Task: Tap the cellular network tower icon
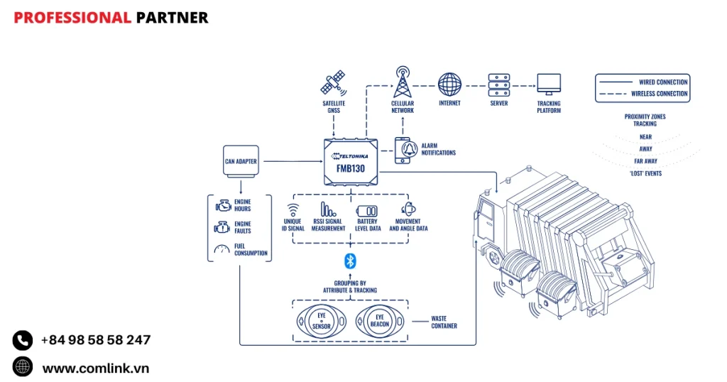pyautogui.click(x=403, y=83)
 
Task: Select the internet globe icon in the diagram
pyautogui.click(x=449, y=84)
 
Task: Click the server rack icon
pyautogui.click(x=498, y=84)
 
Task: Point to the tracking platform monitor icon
pyautogui.click(x=548, y=84)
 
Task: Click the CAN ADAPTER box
pyautogui.click(x=241, y=161)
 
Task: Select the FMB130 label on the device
pyautogui.click(x=351, y=170)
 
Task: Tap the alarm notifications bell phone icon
pyautogui.click(x=404, y=150)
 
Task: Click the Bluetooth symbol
pyautogui.click(x=349, y=261)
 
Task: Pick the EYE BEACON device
pyautogui.click(x=379, y=322)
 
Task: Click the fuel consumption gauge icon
pyautogui.click(x=222, y=249)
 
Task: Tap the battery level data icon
pyautogui.click(x=367, y=211)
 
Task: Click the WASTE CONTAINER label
pyautogui.click(x=444, y=322)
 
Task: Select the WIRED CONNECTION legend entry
pyautogui.click(x=662, y=82)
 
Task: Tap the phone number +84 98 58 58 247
pyautogui.click(x=95, y=340)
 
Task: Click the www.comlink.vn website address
pyautogui.click(x=95, y=368)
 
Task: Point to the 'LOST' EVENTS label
pyautogui.click(x=645, y=173)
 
